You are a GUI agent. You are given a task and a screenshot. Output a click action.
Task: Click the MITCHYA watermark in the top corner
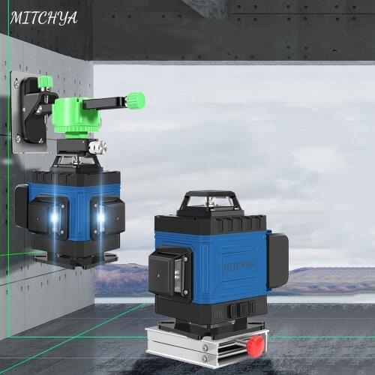pos(43,16)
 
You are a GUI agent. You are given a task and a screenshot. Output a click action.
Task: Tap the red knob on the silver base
pos(256,346)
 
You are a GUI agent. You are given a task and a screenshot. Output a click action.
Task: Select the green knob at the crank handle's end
pos(135,100)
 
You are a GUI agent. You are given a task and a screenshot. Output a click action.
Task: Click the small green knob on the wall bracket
pos(45,80)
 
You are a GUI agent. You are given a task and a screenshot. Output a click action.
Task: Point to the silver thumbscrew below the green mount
pos(94,148)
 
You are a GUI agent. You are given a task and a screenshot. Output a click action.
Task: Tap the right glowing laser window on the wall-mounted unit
pos(100,218)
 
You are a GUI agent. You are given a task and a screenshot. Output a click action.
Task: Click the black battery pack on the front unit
pos(277,259)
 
